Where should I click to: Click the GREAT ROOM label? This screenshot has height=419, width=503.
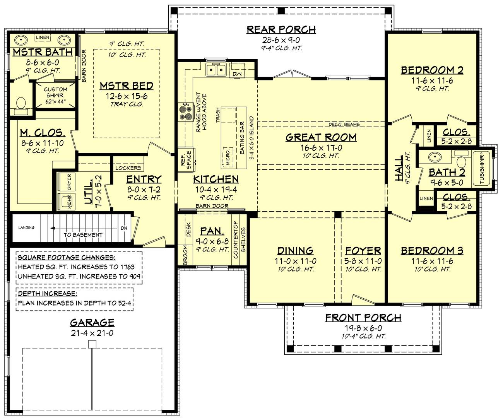[x=321, y=137]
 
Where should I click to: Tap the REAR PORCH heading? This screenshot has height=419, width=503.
[x=281, y=30]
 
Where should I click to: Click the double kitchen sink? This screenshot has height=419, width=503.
[x=216, y=70]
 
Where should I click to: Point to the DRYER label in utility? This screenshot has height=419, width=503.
[x=69, y=181]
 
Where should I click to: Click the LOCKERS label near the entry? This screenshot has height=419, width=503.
[x=128, y=168]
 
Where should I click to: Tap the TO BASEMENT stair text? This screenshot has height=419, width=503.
[x=83, y=234]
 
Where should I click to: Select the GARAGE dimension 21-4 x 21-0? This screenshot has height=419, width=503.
[x=92, y=333]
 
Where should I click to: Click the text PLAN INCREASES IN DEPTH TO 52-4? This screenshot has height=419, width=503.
[x=75, y=303]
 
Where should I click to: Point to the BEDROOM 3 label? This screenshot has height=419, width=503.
[x=432, y=251]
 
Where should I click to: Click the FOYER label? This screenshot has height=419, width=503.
[x=363, y=251]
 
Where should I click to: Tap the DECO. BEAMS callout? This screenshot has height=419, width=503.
[x=344, y=125]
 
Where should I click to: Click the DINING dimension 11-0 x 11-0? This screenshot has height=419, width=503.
[x=295, y=261]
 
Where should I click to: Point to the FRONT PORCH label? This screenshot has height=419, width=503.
[x=363, y=318]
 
